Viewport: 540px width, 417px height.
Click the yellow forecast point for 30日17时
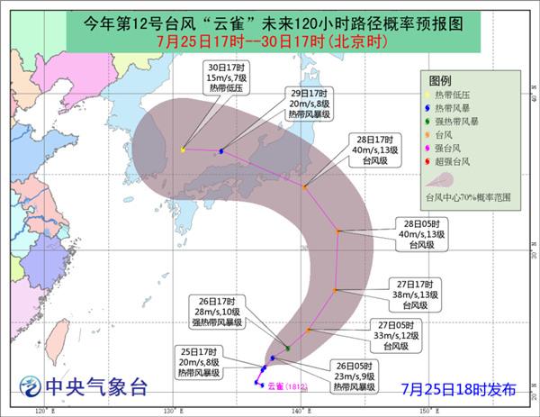tap(183, 150)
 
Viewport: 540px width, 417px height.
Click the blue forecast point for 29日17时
tap(220, 150)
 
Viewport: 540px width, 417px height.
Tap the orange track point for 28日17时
tap(305, 187)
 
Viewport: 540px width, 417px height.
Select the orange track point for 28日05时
tap(338, 232)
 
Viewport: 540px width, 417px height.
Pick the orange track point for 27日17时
tap(335, 290)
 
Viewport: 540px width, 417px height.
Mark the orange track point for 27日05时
tap(308, 331)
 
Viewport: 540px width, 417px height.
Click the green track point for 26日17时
tap(287, 348)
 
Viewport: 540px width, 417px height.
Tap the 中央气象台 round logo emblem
tap(30, 388)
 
